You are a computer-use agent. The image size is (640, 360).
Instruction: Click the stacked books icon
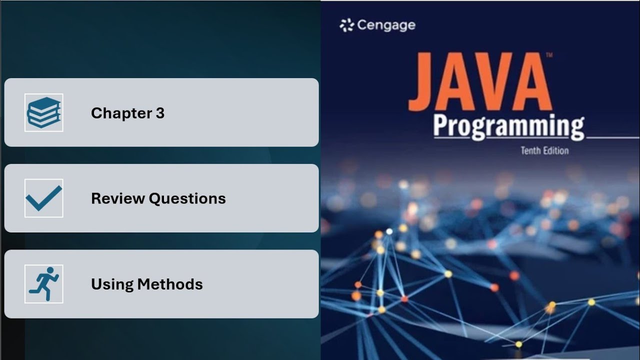[x=44, y=112]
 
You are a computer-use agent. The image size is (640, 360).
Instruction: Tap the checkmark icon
[x=44, y=198]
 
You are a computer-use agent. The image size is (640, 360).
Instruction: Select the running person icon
[x=44, y=283]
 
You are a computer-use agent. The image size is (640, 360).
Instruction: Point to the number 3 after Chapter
[x=160, y=113]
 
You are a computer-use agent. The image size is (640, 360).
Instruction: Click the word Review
[x=118, y=198]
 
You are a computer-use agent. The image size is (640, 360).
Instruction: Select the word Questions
[x=187, y=199]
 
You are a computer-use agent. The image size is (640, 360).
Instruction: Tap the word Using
[x=112, y=284]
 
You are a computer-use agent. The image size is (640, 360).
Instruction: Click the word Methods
[x=170, y=284]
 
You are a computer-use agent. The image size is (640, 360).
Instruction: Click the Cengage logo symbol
[x=346, y=25]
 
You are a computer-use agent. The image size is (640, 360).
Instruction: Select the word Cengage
[x=386, y=25]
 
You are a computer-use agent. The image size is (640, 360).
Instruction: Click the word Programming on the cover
[x=508, y=127]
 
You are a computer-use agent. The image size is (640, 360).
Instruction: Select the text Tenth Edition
[x=544, y=150]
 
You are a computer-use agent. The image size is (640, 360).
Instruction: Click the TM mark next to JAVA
[x=549, y=55]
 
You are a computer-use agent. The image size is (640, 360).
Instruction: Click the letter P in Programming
[x=442, y=126]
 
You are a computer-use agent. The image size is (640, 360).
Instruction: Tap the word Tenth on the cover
[x=531, y=150]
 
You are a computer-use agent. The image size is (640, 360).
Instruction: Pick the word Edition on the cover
[x=556, y=150]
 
